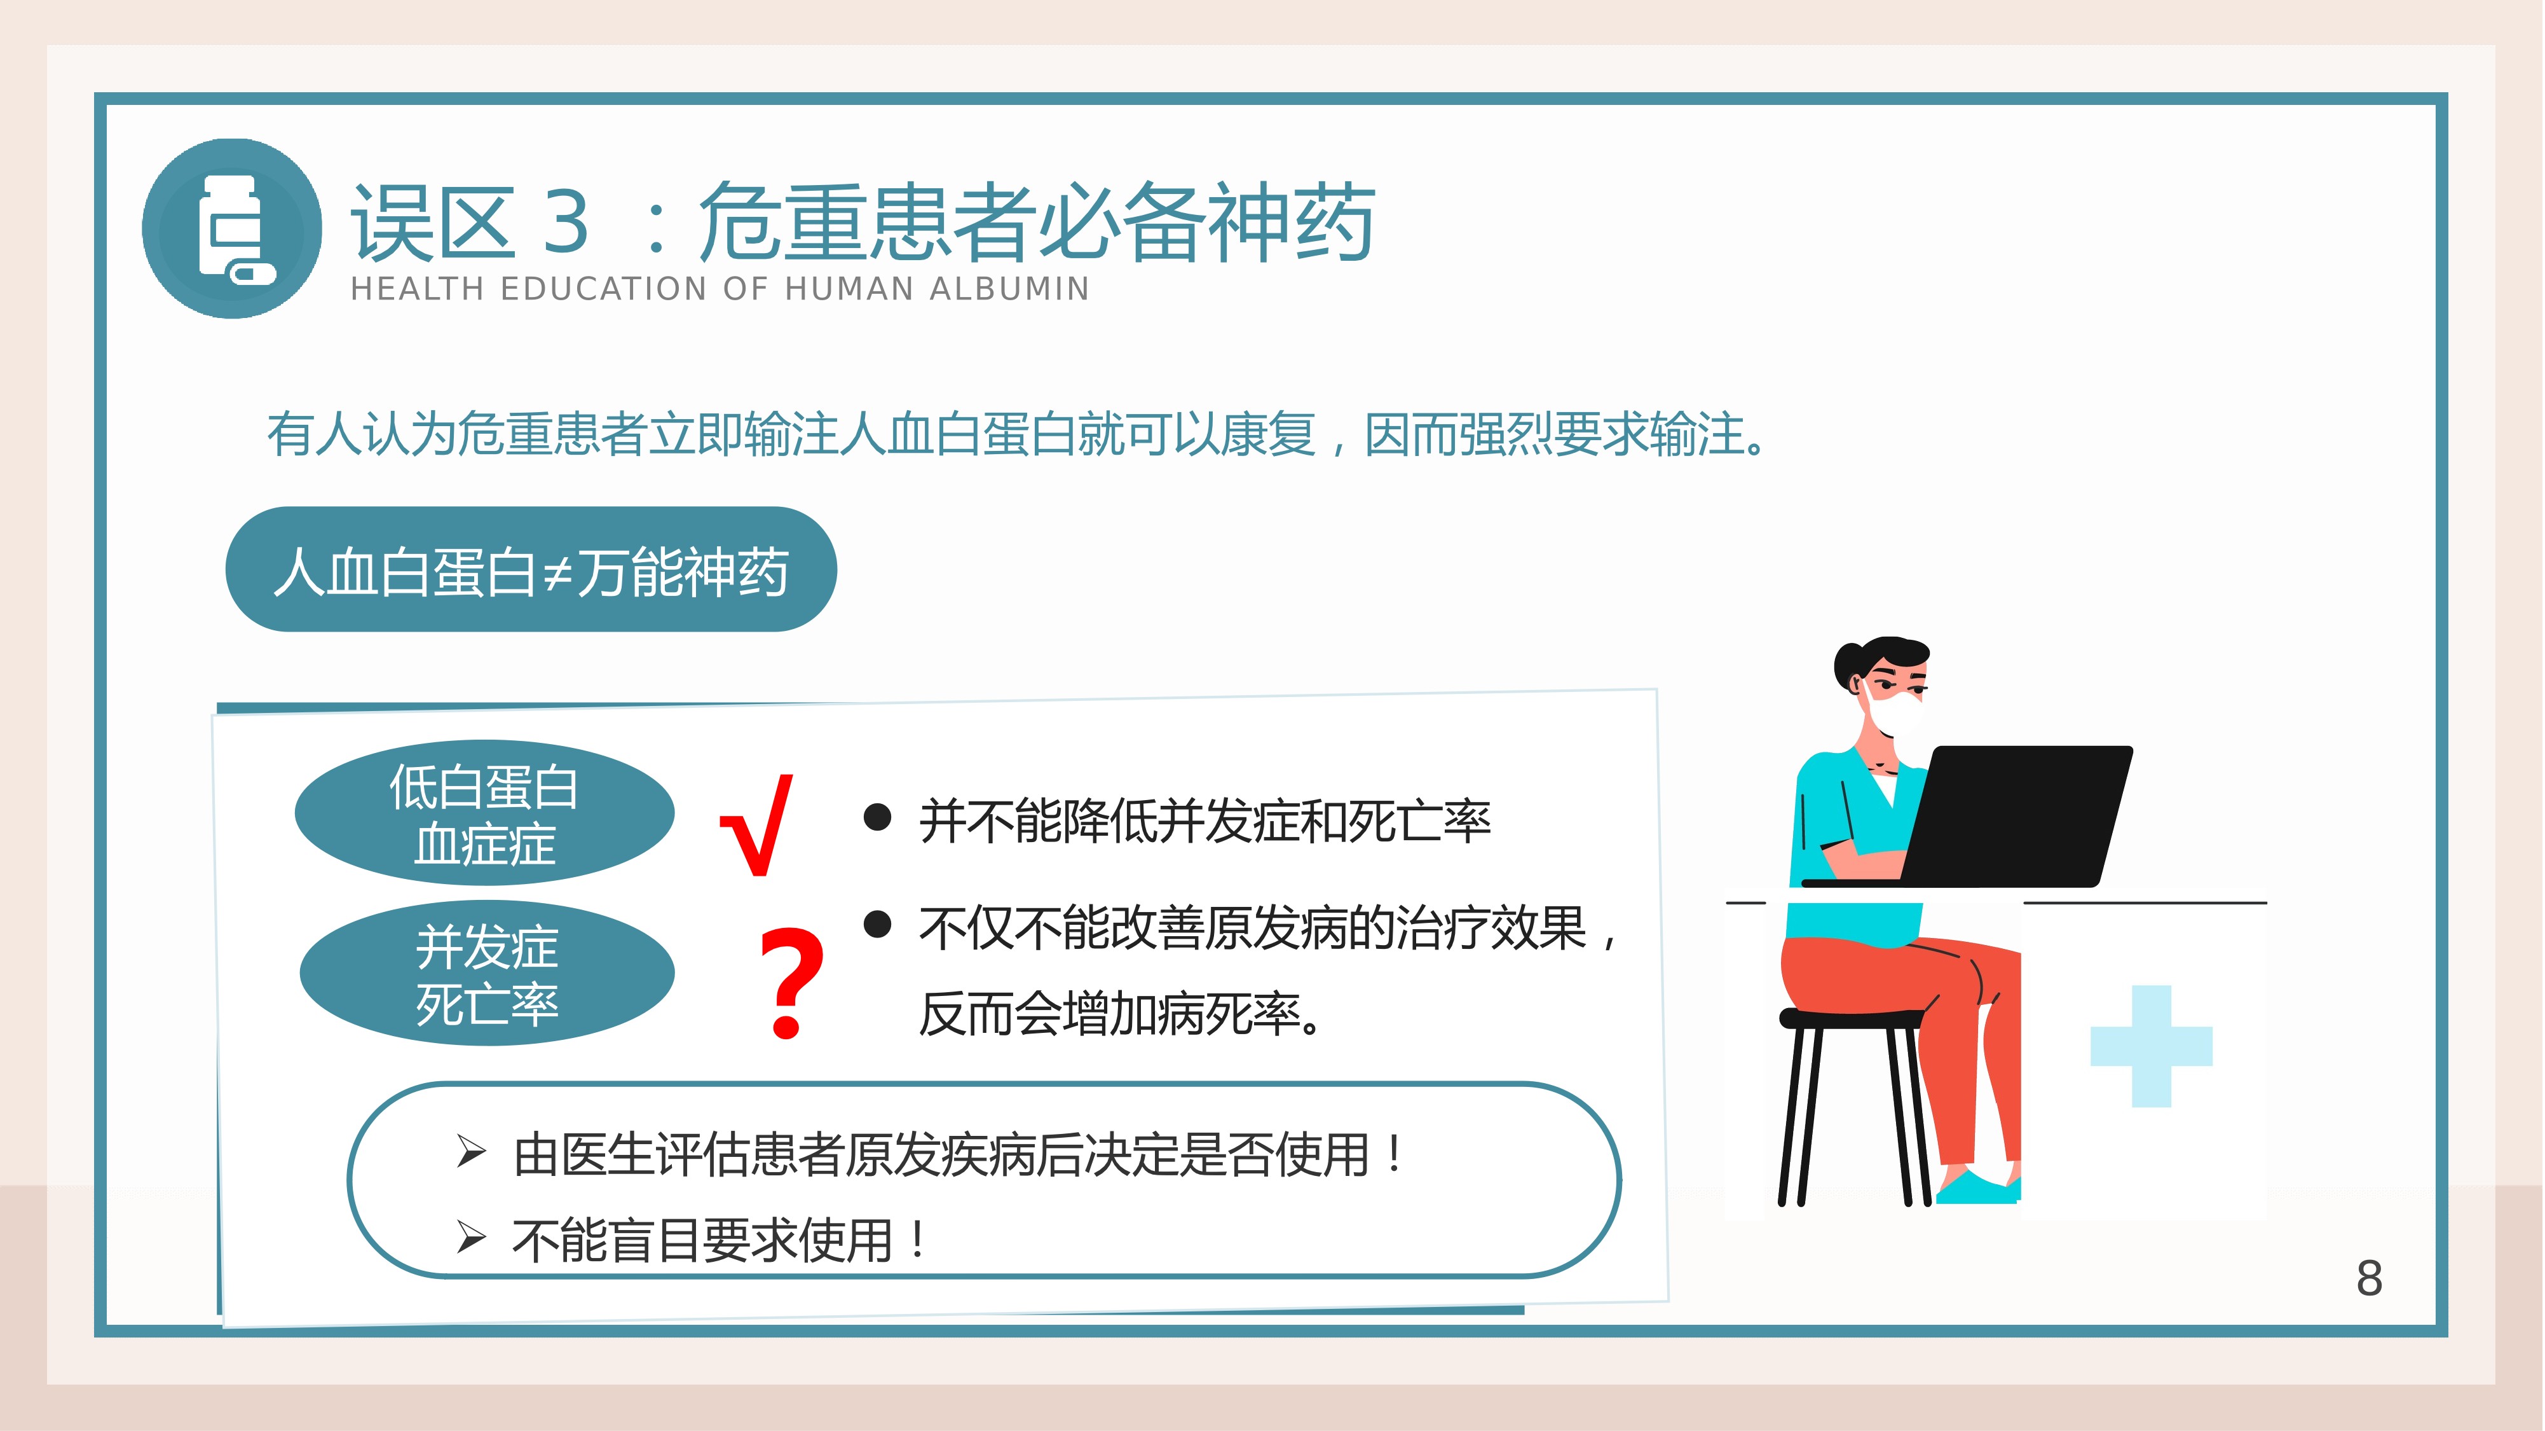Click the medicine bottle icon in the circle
point(234,229)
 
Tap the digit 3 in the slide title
point(566,221)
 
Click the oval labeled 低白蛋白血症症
point(484,812)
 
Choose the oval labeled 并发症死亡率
point(487,974)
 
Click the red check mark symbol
point(758,825)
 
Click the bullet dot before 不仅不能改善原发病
point(877,924)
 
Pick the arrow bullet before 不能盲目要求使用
point(471,1236)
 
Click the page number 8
point(2369,1279)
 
